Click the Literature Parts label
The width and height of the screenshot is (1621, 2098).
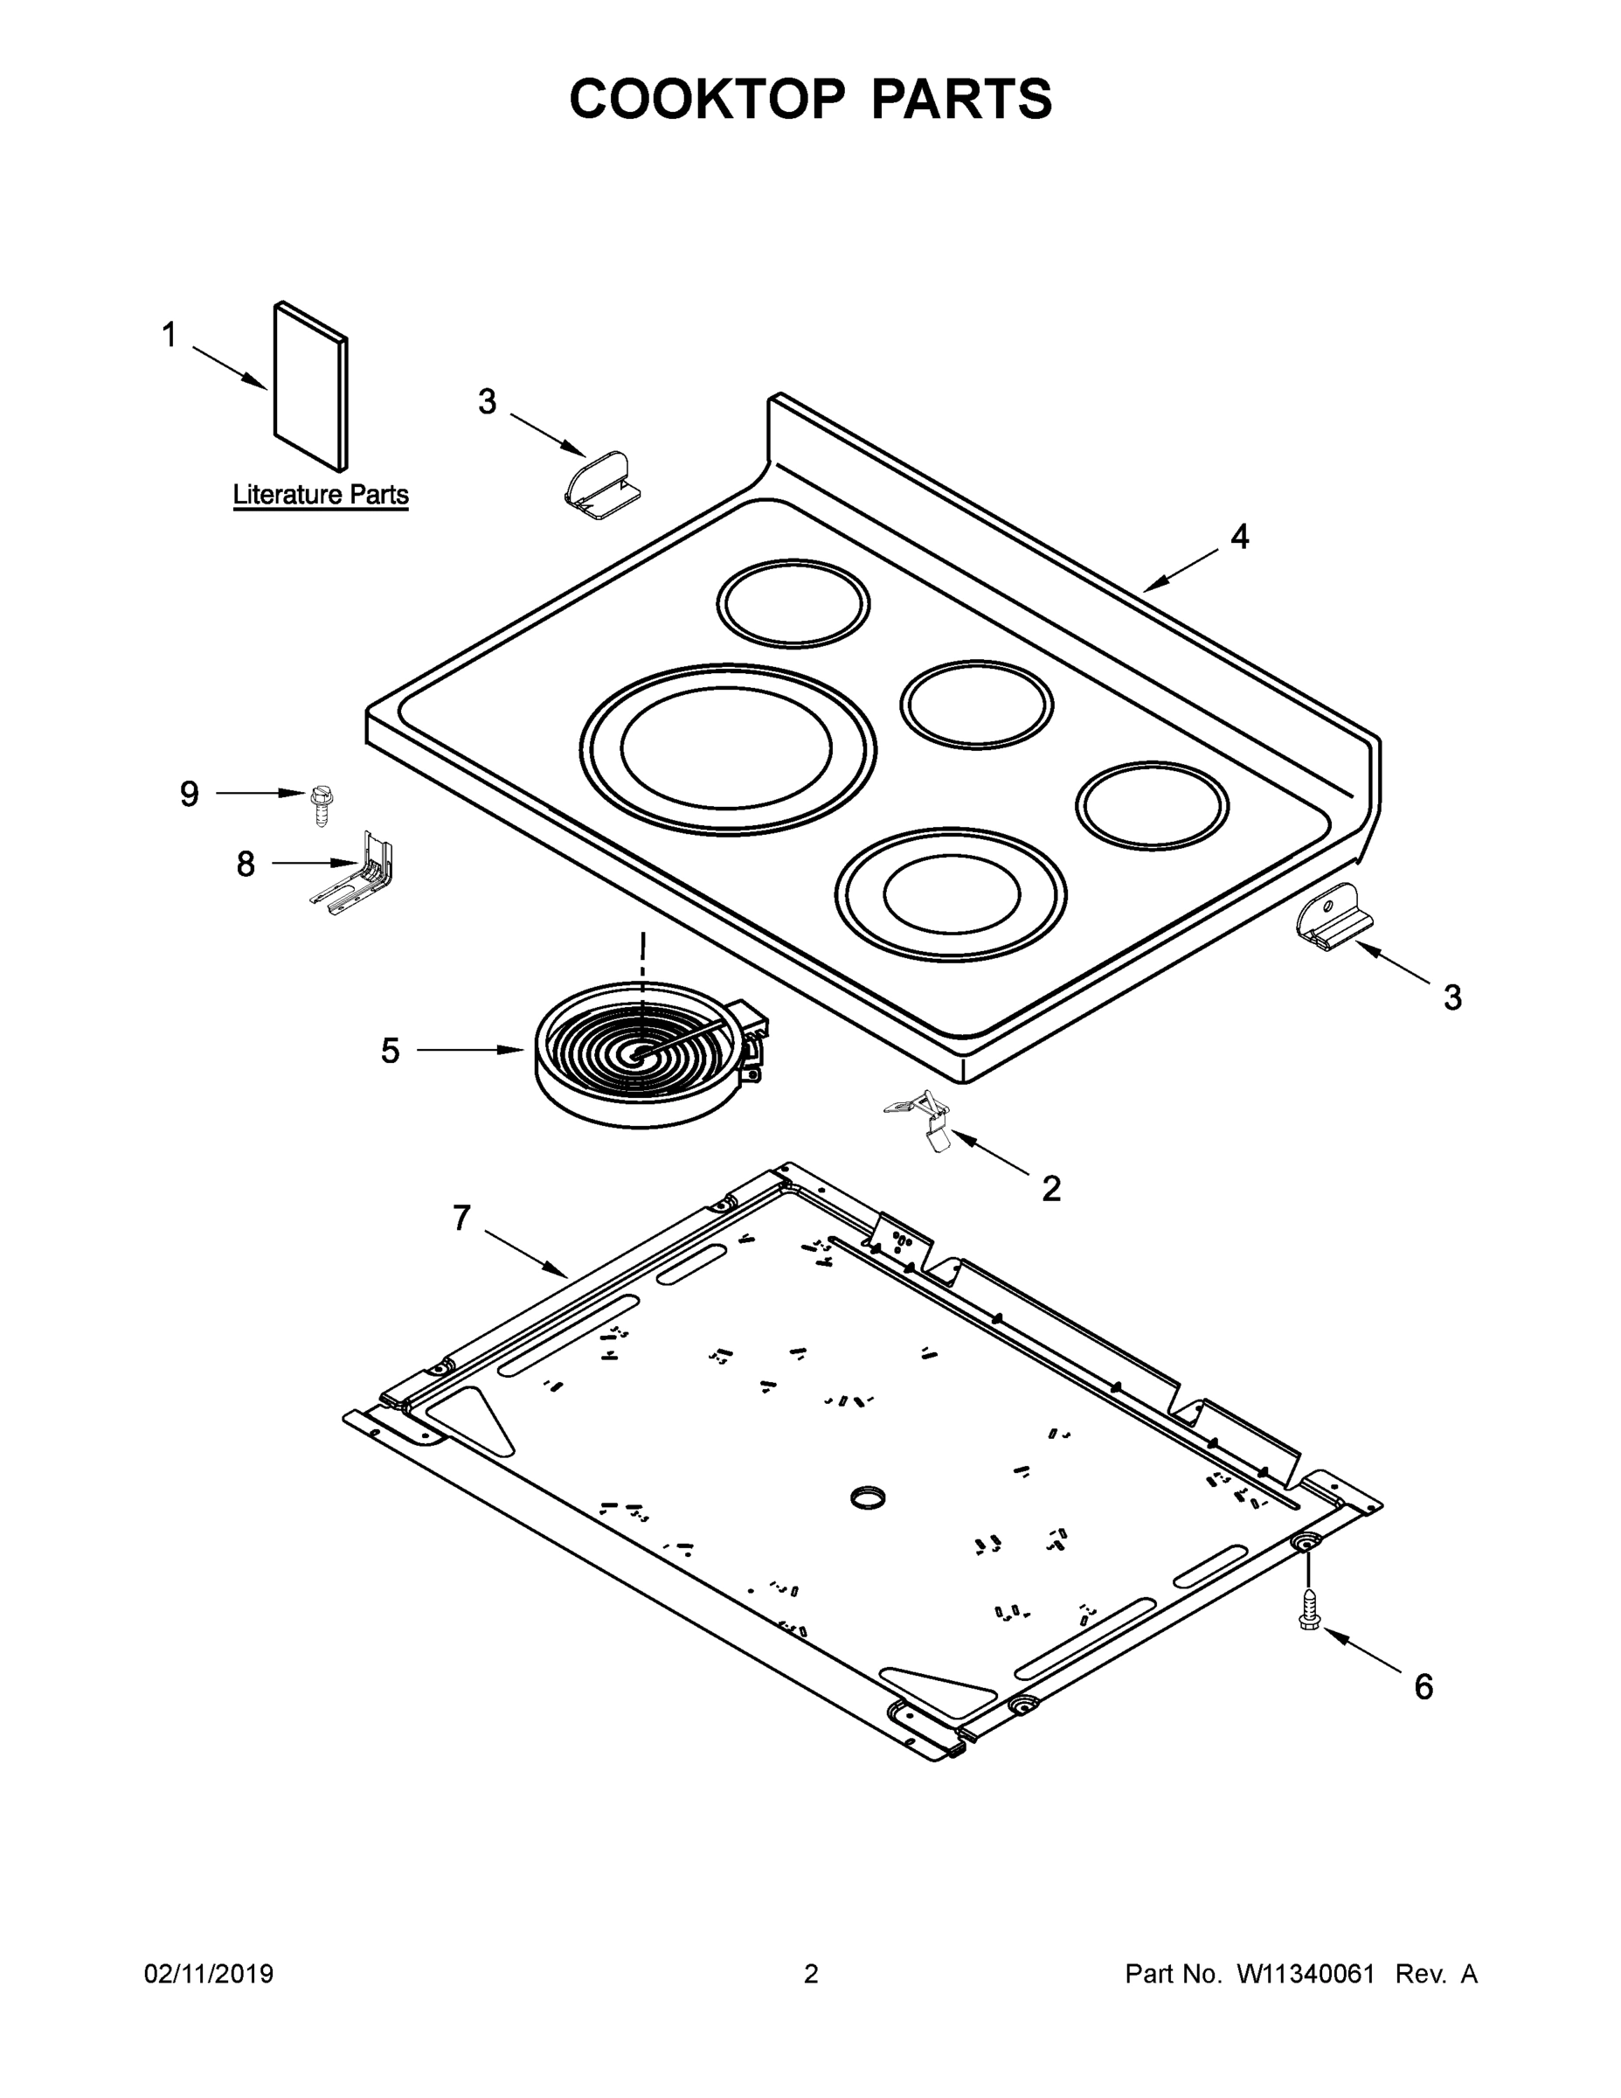pyautogui.click(x=321, y=495)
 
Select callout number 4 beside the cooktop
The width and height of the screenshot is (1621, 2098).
pyautogui.click(x=1240, y=537)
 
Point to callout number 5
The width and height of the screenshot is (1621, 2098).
pyautogui.click(x=390, y=1051)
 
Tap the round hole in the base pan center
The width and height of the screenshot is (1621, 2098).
pyautogui.click(x=868, y=1497)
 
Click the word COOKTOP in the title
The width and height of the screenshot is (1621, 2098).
pyautogui.click(x=708, y=99)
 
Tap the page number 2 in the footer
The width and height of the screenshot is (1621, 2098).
pyautogui.click(x=811, y=1974)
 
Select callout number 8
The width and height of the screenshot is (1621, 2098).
pyautogui.click(x=246, y=865)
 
